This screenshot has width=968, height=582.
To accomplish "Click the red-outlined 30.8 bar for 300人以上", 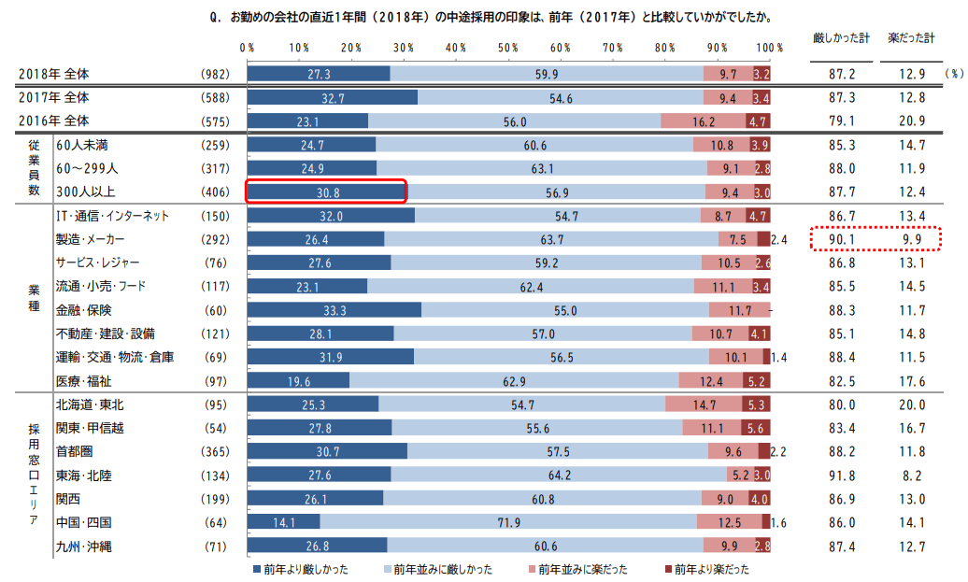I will tap(325, 192).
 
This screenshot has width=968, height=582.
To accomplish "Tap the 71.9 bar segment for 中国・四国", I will tap(508, 521).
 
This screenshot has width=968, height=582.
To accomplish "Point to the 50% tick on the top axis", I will tap(509, 48).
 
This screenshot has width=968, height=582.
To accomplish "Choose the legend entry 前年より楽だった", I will tap(708, 569).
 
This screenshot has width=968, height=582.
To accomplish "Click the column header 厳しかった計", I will tap(841, 38).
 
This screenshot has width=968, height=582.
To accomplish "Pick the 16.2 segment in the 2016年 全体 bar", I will tap(704, 121).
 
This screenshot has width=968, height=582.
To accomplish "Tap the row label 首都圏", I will tap(76, 451).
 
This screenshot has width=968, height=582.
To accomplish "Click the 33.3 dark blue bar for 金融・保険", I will tap(334, 310).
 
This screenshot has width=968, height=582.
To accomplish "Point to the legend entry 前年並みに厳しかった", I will tap(436, 569).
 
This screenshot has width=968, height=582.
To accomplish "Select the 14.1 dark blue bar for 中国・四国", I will tap(283, 521).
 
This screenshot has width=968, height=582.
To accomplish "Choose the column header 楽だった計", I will tap(911, 38).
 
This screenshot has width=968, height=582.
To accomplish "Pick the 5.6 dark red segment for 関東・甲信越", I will tap(756, 428).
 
